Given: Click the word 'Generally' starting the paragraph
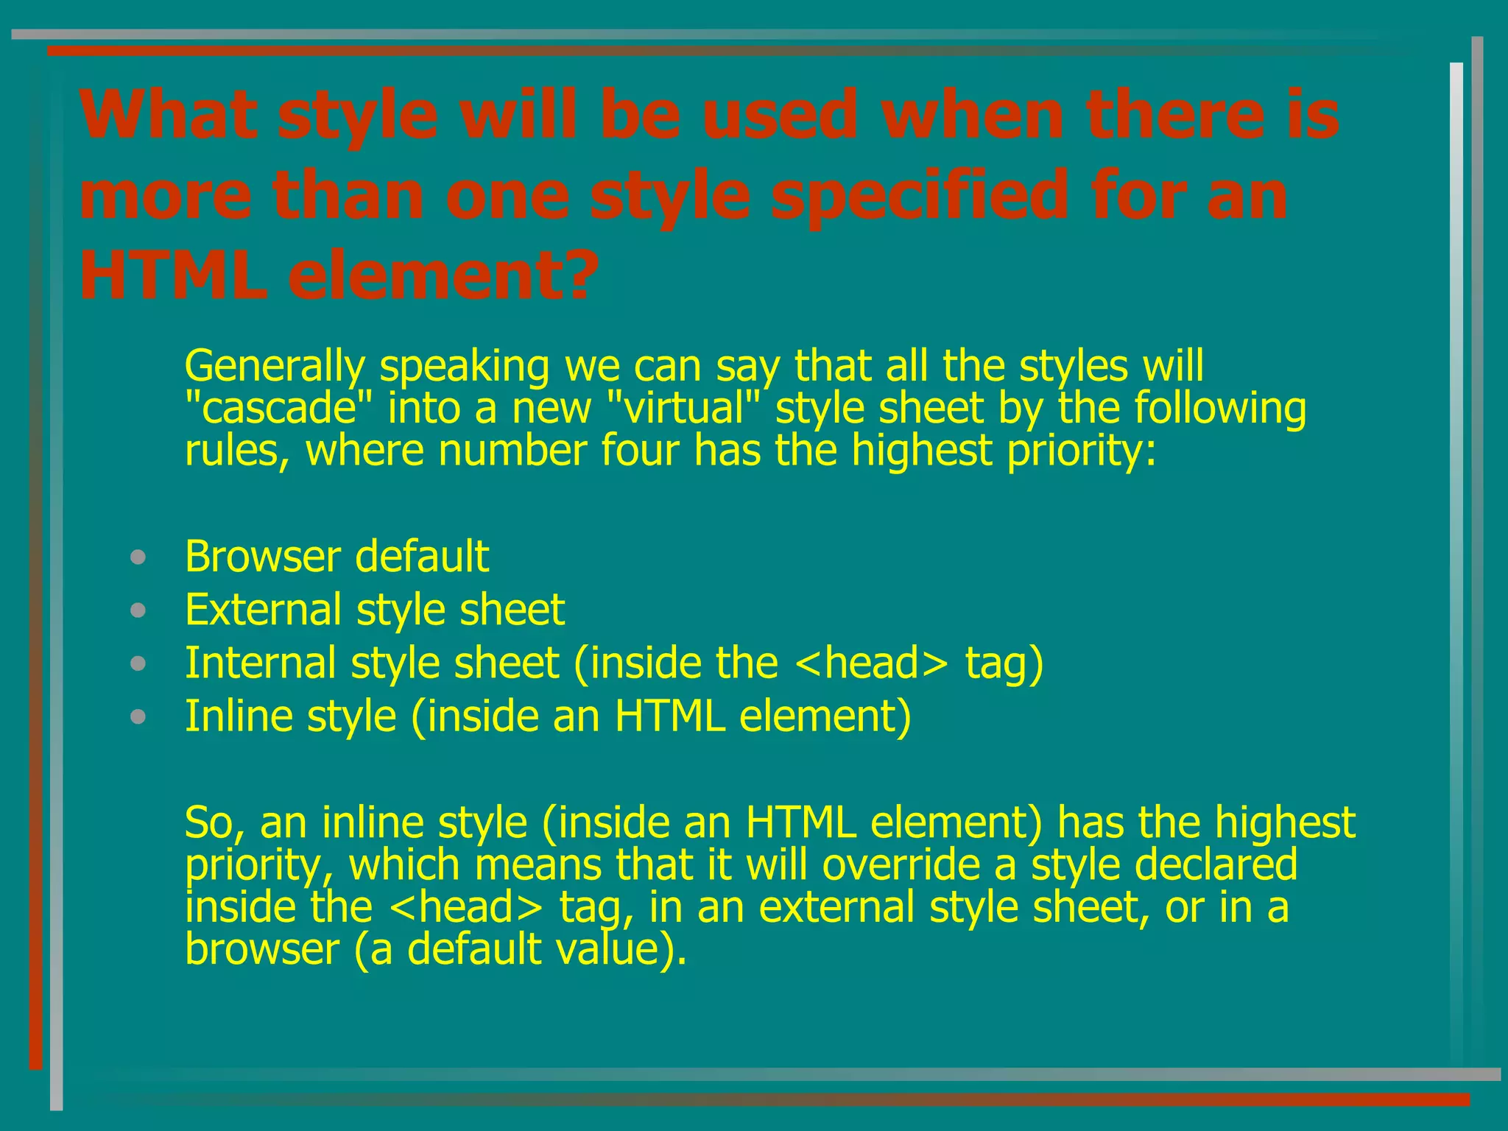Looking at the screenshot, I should tap(275, 367).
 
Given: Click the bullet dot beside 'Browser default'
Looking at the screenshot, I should tap(138, 557).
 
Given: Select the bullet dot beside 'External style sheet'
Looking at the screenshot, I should tap(138, 610).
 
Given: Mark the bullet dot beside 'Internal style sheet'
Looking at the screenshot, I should tap(138, 664).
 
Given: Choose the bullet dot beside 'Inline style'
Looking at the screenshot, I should tap(138, 717).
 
